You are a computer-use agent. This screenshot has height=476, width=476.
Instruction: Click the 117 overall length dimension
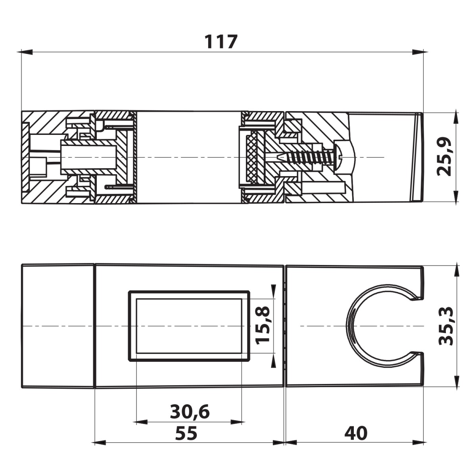pos(221,42)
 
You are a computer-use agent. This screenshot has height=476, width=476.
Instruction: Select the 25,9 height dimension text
pos(444,156)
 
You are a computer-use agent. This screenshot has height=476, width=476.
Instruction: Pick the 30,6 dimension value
pos(190,412)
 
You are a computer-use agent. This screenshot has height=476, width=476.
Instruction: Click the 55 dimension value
pos(186,434)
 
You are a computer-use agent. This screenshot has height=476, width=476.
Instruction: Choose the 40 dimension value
pos(356,434)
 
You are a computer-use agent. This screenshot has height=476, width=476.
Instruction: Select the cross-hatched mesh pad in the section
pos(252,158)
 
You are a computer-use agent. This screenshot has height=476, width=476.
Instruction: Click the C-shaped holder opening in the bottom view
pos(379,326)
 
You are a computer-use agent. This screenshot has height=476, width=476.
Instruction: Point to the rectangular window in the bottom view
pos(189,326)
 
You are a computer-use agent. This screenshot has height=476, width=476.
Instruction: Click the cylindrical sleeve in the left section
pos(88,157)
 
